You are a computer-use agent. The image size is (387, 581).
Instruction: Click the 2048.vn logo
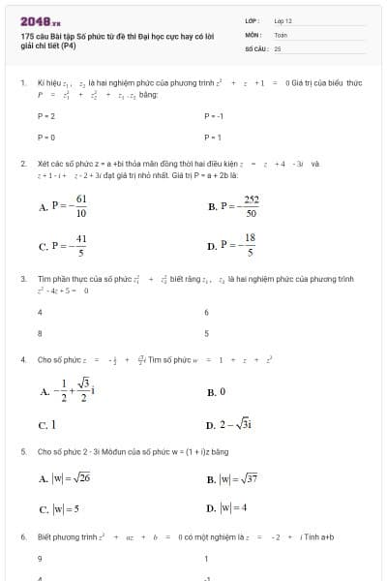[x=40, y=20]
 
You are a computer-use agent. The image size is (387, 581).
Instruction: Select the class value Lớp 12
[x=283, y=19]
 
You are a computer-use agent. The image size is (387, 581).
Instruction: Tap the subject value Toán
[x=281, y=34]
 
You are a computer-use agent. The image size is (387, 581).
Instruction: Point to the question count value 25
[x=278, y=47]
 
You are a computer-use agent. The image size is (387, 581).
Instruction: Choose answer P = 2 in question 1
[x=45, y=115]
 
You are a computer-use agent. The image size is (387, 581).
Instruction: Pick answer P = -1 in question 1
[x=214, y=115]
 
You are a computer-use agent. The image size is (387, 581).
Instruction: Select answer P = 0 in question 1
[x=45, y=138]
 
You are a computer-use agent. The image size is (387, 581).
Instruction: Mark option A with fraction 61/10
[x=65, y=206]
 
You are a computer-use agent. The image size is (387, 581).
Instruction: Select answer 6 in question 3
[x=207, y=312]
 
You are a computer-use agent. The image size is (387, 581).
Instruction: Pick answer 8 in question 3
[x=40, y=333]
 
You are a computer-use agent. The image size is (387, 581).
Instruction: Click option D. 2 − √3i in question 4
[x=229, y=425]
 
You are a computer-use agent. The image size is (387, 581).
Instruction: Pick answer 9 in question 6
[x=40, y=559]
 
